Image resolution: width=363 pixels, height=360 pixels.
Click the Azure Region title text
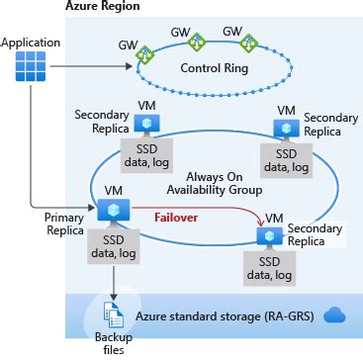pyautogui.click(x=102, y=7)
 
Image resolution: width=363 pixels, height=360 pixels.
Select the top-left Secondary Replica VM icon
pyautogui.click(x=147, y=123)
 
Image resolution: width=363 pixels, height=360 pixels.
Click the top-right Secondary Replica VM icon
pyautogui.click(x=285, y=128)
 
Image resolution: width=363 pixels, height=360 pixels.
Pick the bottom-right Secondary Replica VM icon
pyautogui.click(x=265, y=234)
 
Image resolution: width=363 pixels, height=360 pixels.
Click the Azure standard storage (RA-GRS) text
pyautogui.click(x=227, y=316)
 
